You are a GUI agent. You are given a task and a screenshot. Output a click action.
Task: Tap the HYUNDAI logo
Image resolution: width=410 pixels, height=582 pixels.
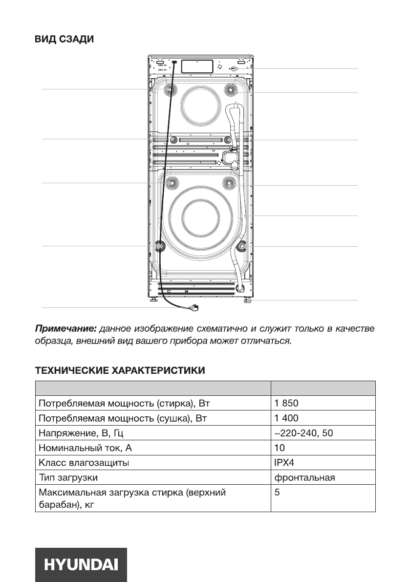tap(81, 565)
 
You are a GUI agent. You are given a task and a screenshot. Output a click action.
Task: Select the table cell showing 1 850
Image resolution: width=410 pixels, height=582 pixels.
tap(286, 404)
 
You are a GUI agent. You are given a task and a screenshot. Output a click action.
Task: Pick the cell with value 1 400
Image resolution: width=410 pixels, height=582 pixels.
tap(286, 418)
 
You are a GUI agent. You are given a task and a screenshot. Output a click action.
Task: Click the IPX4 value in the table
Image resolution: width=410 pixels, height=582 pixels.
tap(284, 462)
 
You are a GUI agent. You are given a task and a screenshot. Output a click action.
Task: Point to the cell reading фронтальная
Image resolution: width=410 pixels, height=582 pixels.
tap(304, 477)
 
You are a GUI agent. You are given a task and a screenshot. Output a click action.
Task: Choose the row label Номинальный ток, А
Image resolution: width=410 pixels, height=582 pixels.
tap(85, 448)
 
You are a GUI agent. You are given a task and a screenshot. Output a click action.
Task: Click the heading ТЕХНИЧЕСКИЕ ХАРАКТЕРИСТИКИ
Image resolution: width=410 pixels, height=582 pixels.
tap(120, 371)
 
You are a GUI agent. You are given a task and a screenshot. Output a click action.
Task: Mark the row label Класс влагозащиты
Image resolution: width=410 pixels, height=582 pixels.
tap(84, 462)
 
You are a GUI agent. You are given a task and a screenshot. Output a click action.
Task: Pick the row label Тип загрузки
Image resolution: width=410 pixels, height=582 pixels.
tap(71, 477)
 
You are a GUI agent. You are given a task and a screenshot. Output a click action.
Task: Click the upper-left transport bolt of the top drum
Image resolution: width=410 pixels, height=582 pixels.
tap(171, 89)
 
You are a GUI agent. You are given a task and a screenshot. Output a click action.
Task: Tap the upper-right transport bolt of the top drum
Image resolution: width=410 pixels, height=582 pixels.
tap(230, 89)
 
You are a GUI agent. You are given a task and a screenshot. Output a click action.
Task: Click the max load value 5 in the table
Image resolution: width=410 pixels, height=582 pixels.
tap(277, 493)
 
